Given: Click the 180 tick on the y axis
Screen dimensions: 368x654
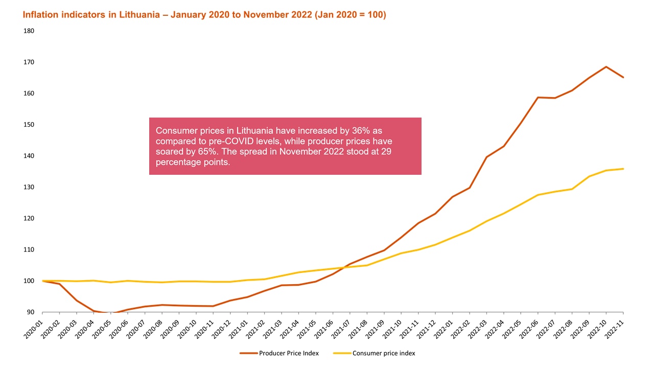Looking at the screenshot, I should [29, 31].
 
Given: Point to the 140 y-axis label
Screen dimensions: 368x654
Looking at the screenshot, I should [29, 156].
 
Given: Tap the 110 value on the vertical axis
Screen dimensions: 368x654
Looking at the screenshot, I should [29, 249].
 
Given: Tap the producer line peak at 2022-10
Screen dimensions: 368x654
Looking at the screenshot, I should [606, 66].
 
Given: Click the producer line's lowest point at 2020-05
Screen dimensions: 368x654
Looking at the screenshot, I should [111, 313].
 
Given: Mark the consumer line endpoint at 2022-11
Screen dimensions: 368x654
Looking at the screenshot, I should [623, 169].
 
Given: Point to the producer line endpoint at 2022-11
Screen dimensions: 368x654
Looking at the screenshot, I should [623, 77].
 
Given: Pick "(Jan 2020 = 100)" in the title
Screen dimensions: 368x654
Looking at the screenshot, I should [351, 15].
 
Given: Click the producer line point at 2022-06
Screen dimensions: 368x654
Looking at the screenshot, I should [538, 97].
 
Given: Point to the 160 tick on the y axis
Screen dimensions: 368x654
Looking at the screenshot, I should [29, 94].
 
